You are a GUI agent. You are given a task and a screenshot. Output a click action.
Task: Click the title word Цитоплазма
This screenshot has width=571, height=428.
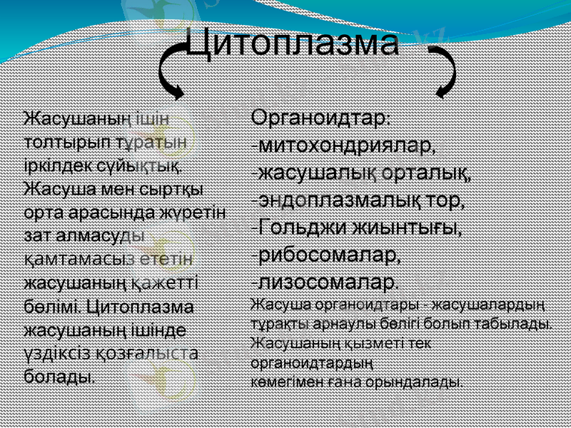tap(292, 44)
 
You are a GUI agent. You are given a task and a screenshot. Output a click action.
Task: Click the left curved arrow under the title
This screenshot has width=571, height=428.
tap(169, 71)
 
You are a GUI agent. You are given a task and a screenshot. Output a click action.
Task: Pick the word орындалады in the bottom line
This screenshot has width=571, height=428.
tap(413, 381)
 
